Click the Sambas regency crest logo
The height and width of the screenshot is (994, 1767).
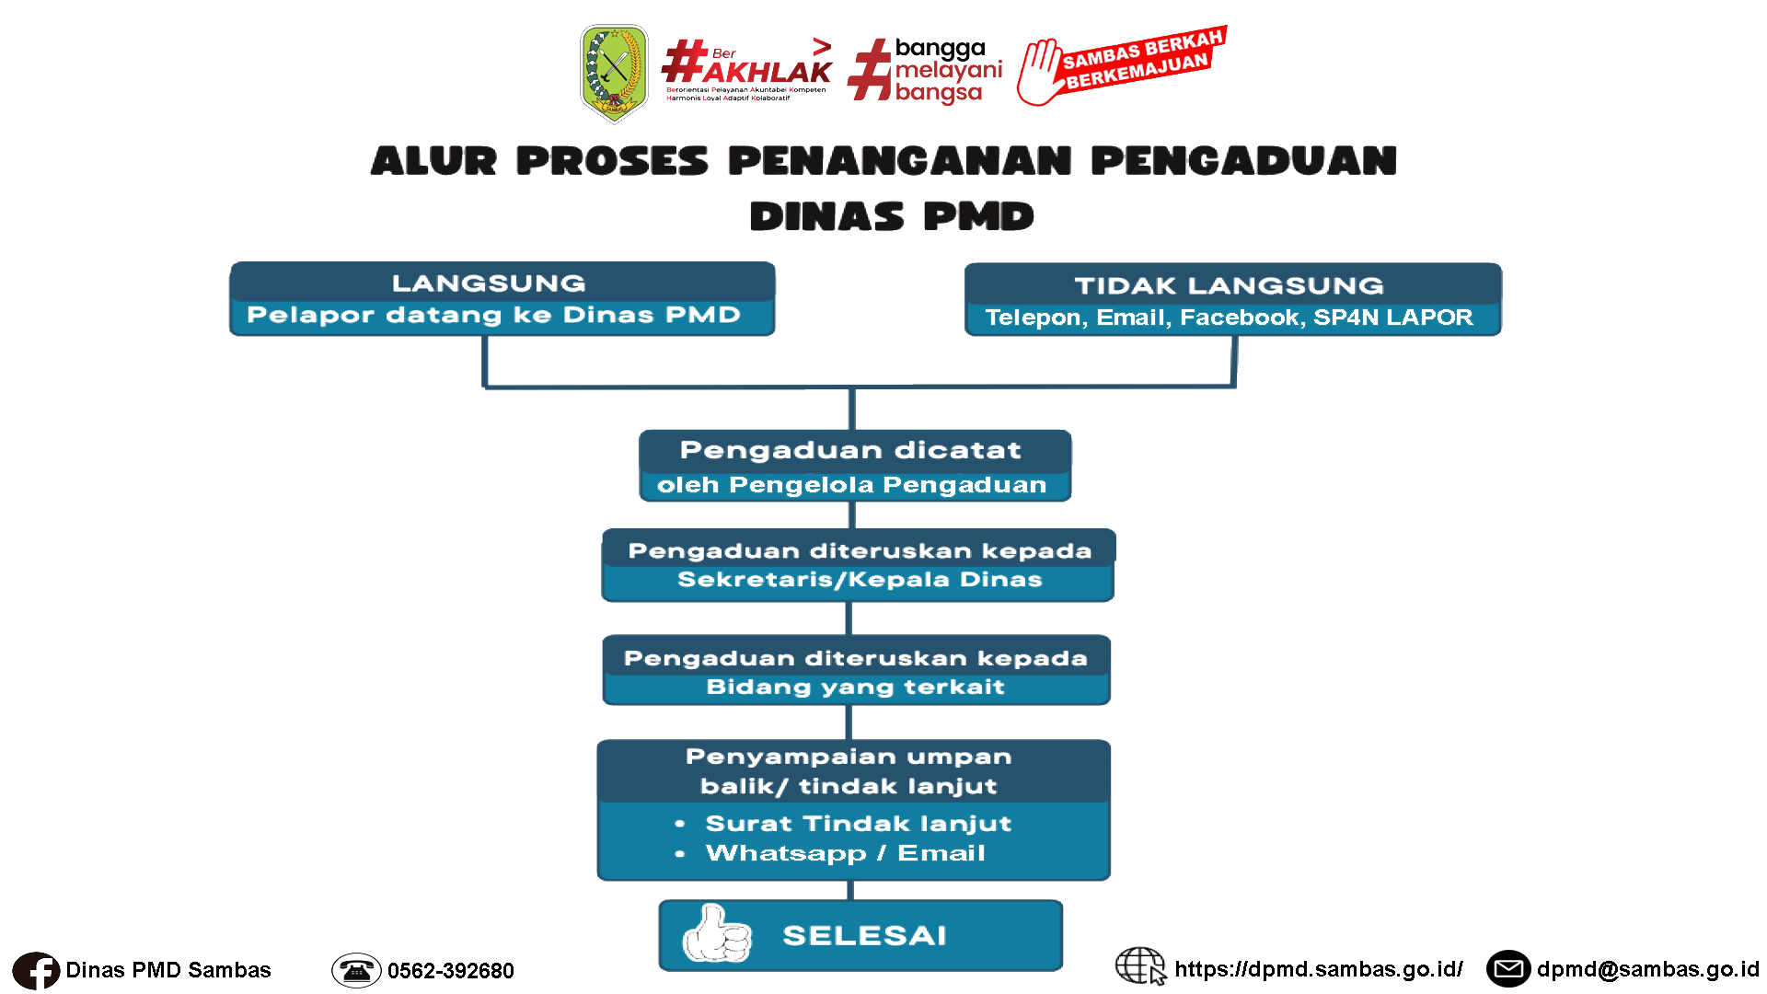[614, 74]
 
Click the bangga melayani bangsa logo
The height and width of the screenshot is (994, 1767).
[925, 70]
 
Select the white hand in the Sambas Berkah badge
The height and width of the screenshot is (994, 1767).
[1044, 72]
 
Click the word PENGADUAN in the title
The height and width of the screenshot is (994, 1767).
[1243, 161]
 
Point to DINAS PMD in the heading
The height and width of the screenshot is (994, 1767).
[891, 217]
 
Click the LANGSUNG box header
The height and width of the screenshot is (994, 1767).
[489, 283]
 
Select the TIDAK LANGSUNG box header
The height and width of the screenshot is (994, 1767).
[1229, 285]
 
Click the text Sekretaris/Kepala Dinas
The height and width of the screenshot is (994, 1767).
[860, 580]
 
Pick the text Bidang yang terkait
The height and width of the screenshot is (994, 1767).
[855, 688]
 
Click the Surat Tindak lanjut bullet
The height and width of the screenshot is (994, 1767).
[858, 824]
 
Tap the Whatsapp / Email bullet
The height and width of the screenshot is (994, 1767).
[845, 853]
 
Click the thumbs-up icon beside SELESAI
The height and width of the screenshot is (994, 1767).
[716, 934]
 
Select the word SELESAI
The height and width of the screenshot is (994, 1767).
[864, 936]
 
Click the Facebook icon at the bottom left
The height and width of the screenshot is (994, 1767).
[36, 971]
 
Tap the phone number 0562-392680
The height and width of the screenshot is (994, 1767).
[450, 971]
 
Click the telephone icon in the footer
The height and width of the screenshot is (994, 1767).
[356, 970]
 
